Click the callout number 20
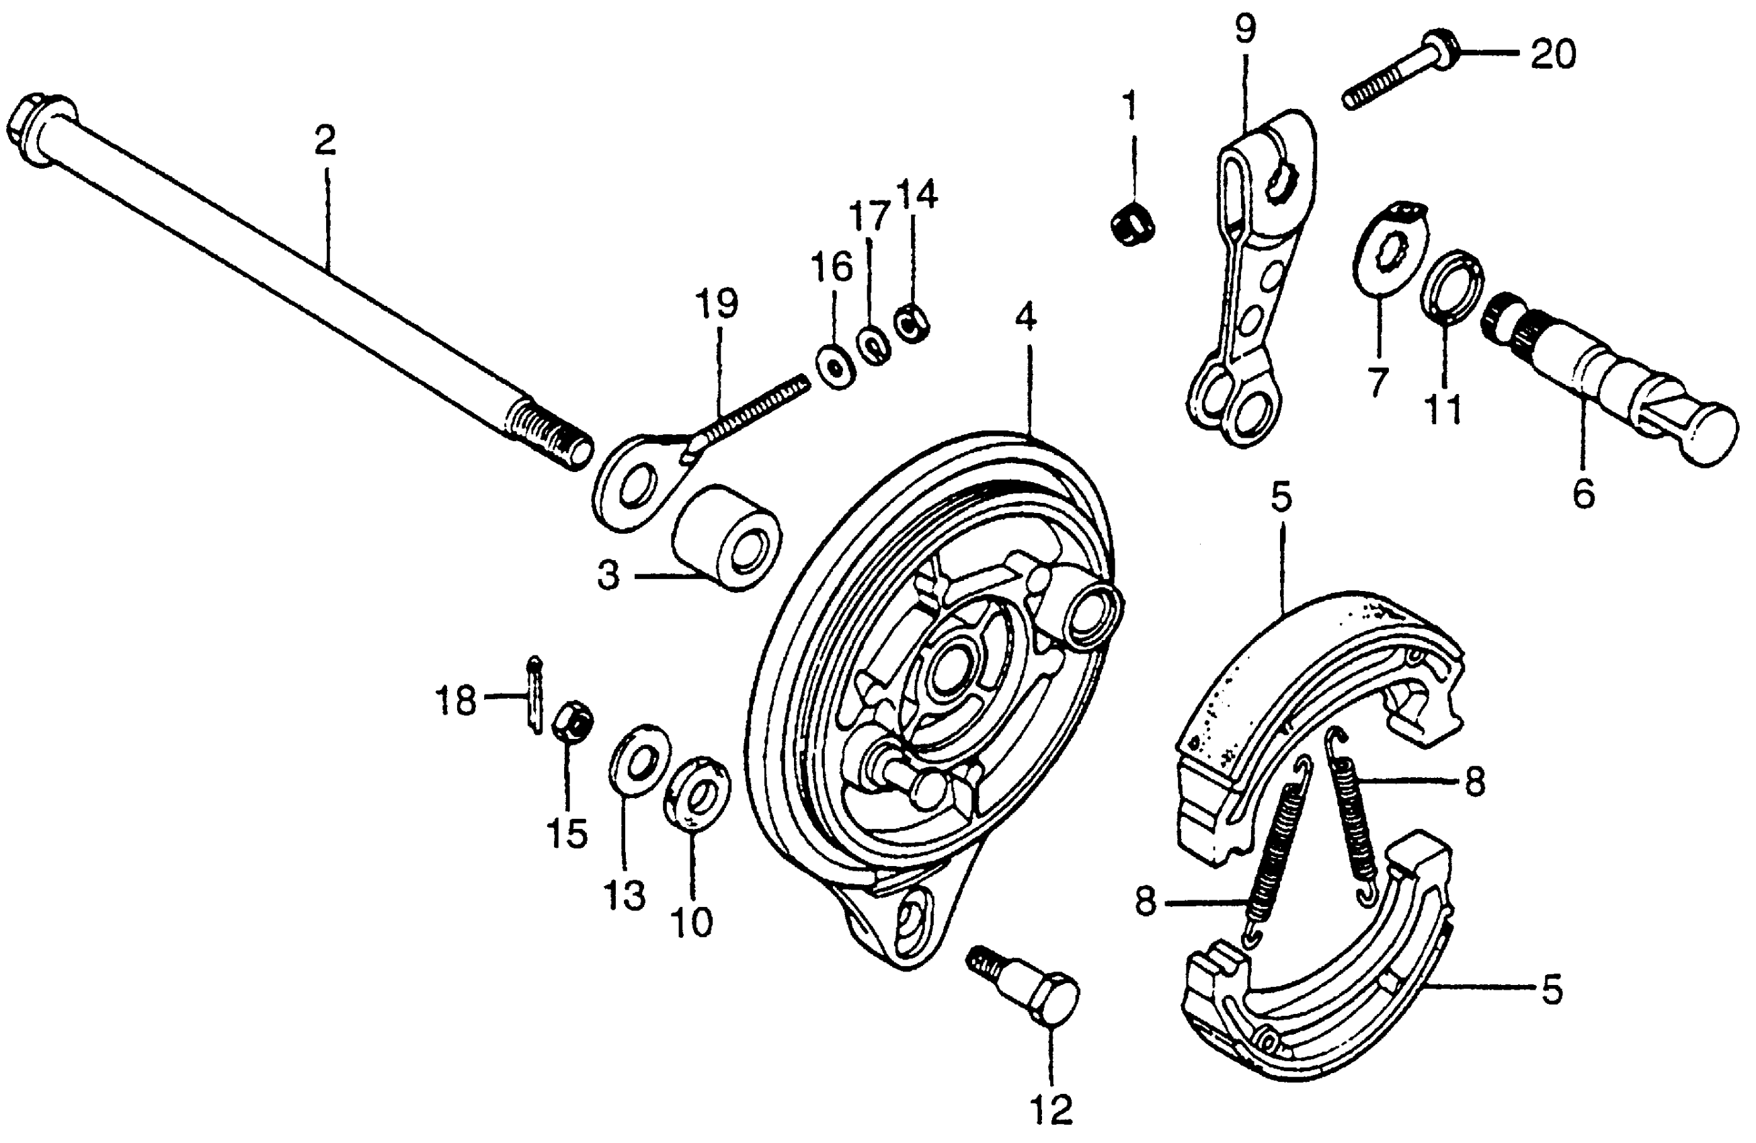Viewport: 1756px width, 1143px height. (x=1552, y=54)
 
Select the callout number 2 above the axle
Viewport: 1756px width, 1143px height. (x=325, y=141)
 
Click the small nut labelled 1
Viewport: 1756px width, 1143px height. (x=1132, y=222)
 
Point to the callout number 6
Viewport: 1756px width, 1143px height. (x=1583, y=493)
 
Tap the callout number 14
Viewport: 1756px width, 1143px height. (x=917, y=195)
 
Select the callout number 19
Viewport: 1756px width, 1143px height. (x=717, y=303)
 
